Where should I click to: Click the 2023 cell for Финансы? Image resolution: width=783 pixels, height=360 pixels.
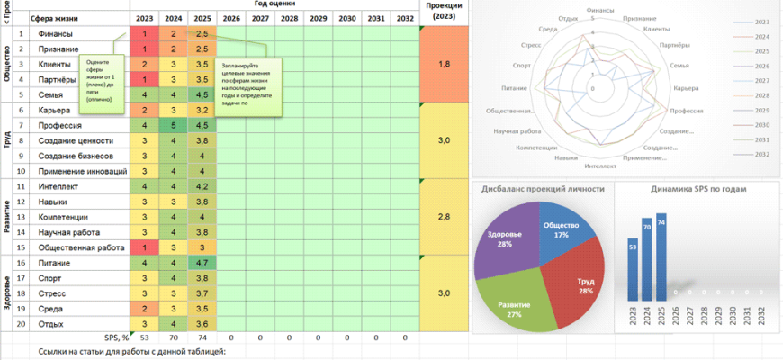click(144, 34)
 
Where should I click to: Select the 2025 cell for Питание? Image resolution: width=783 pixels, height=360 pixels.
click(202, 263)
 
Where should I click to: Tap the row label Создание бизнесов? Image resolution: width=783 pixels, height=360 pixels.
click(76, 156)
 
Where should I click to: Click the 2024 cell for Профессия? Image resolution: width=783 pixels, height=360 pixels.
click(174, 125)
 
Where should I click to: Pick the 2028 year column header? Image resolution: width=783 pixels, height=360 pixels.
click(289, 18)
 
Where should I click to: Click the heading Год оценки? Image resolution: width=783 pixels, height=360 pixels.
click(274, 4)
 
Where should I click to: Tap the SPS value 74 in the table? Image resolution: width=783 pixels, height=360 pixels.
click(202, 337)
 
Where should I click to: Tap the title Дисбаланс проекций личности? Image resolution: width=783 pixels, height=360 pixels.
click(540, 190)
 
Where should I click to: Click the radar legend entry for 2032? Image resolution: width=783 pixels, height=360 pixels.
click(757, 154)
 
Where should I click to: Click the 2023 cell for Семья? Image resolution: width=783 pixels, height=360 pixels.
click(144, 94)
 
